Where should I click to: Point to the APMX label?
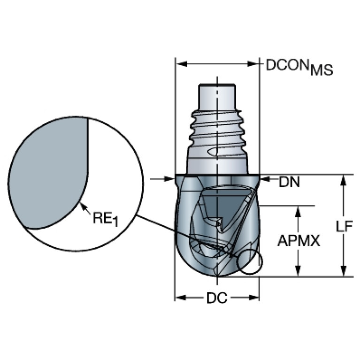[x=299, y=241]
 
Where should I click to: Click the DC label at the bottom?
[x=216, y=298]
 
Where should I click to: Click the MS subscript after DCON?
[x=322, y=71]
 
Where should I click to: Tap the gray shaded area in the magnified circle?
[x=47, y=174]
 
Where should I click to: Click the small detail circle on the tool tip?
[x=250, y=262]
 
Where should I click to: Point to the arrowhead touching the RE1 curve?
[x=82, y=204]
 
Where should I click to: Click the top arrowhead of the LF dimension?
[x=344, y=179]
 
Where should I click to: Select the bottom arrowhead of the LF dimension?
[x=344, y=272]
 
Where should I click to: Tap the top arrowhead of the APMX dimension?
[x=297, y=210]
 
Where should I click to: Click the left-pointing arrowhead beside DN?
[x=264, y=179]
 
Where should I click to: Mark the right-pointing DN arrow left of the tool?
[x=170, y=179]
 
